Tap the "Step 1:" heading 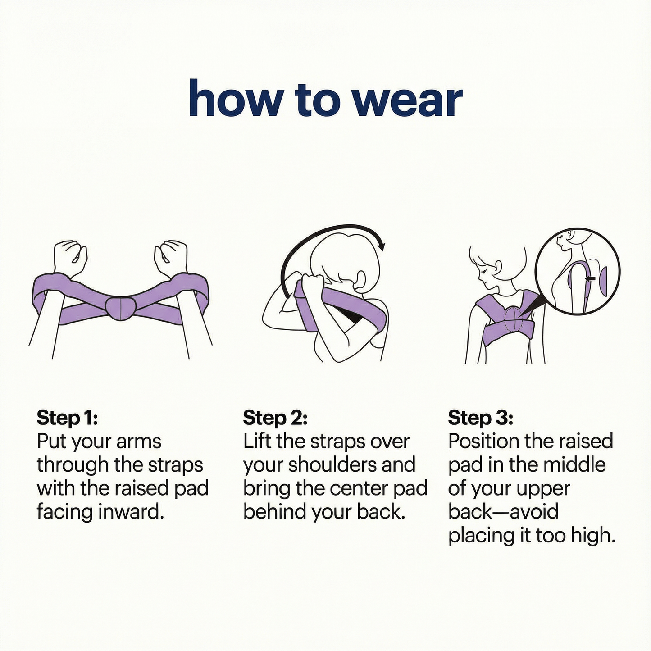67,418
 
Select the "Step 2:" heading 275,418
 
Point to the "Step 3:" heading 480,418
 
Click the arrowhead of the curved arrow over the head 382,245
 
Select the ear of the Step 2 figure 360,277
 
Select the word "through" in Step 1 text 73,465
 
